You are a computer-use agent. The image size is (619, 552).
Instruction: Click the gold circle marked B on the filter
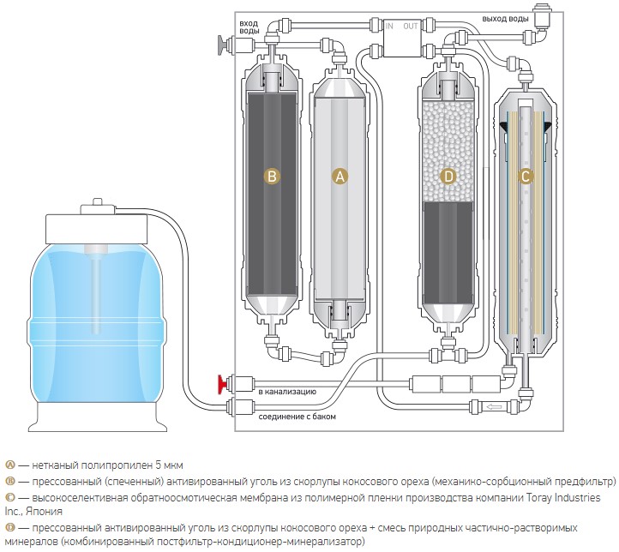272,176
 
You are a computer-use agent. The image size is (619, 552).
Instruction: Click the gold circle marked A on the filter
340,176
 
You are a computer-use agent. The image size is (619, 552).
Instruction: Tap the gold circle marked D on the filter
448,176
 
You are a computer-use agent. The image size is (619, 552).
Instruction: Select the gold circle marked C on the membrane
526,176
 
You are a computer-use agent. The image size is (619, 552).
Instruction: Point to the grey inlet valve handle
223,45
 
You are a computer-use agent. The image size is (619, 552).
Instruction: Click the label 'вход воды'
249,27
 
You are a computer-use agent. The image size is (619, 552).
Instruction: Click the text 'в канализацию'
287,392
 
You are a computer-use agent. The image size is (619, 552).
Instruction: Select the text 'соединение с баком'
297,417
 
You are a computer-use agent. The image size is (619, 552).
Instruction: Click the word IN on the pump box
389,27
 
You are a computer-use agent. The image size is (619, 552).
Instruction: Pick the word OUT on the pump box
411,27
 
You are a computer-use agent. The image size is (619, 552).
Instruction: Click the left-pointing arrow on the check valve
492,406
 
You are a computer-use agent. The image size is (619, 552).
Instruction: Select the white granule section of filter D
448,151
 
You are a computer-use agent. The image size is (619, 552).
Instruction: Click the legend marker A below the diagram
10,465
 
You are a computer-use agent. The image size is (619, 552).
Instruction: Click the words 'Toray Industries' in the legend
564,497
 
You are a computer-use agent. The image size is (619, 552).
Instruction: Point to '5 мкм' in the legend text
170,465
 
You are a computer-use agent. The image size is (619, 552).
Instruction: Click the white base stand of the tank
97,417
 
